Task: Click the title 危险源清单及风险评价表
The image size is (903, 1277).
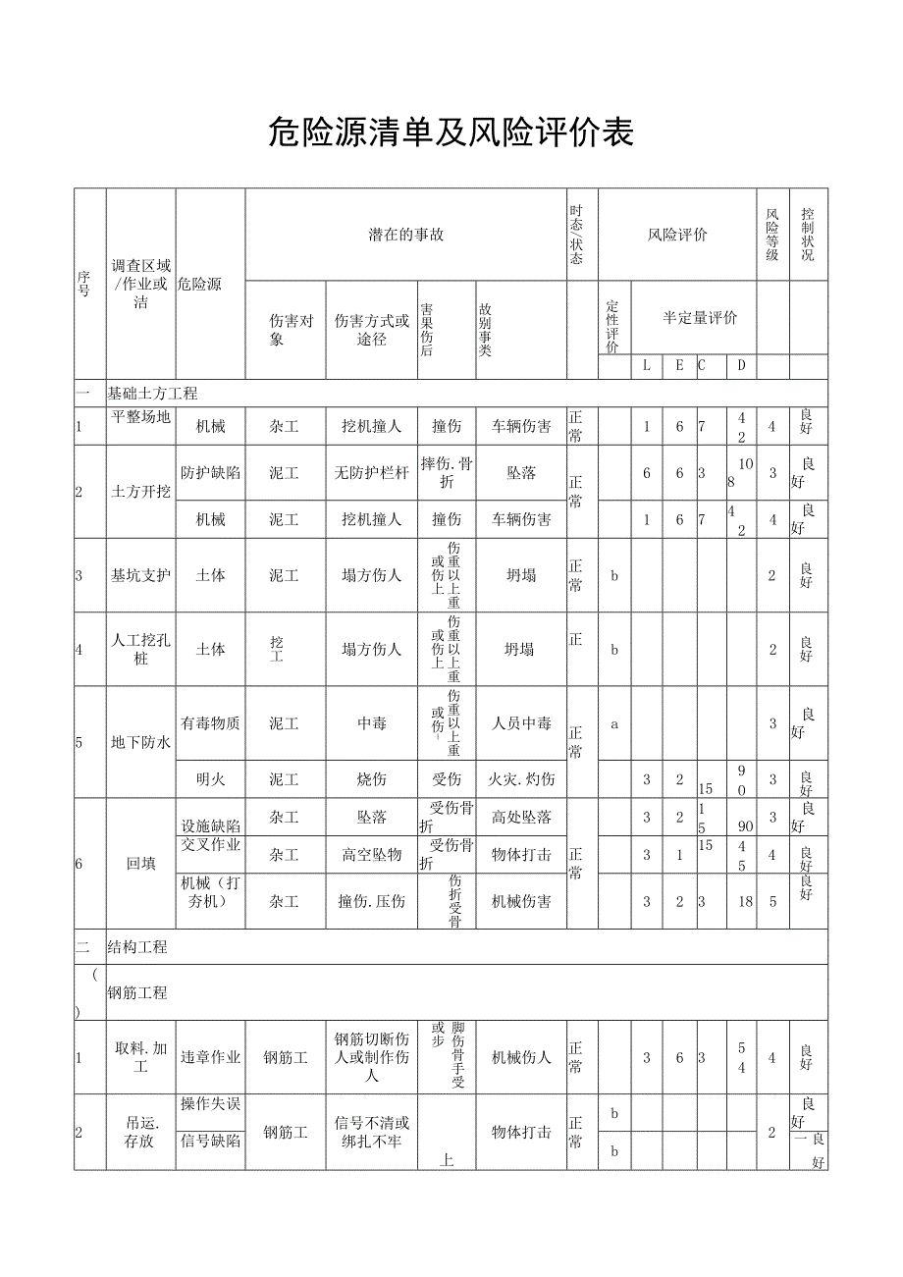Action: pyautogui.click(x=451, y=133)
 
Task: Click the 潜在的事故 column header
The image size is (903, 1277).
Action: pyautogui.click(x=405, y=235)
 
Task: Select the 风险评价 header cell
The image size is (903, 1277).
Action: pyautogui.click(x=677, y=235)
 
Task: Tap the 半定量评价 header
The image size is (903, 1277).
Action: pyautogui.click(x=700, y=317)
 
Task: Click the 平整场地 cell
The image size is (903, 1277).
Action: pyautogui.click(x=140, y=417)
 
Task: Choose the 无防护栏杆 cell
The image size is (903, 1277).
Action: pyautogui.click(x=372, y=473)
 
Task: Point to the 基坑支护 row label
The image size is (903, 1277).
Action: pyautogui.click(x=140, y=575)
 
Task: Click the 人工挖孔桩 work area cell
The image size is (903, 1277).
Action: pyautogui.click(x=140, y=650)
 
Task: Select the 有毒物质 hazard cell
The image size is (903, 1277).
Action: pyautogui.click(x=210, y=723)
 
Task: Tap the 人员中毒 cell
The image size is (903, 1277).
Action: pyautogui.click(x=521, y=723)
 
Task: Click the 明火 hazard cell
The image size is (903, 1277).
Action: pyautogui.click(x=210, y=779)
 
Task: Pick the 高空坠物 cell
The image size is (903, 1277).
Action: pyautogui.click(x=372, y=855)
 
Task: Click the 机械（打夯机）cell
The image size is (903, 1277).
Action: pyautogui.click(x=210, y=891)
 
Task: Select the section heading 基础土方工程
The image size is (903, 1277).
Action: pyautogui.click(x=152, y=394)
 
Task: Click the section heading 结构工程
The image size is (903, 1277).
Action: pyautogui.click(x=137, y=947)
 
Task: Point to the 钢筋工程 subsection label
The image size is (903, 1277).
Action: pyautogui.click(x=137, y=993)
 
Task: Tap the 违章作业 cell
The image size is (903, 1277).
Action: pyautogui.click(x=210, y=1057)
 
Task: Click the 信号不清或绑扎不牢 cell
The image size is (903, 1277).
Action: pyautogui.click(x=372, y=1132)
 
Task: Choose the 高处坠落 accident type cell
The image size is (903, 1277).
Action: pyautogui.click(x=521, y=817)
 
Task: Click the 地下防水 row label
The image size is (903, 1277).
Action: pyautogui.click(x=140, y=742)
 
